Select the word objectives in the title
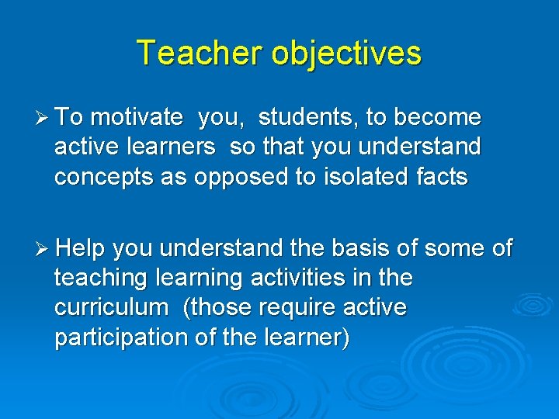coord(346,54)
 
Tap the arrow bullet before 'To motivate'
coord(44,118)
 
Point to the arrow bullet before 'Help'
coord(44,248)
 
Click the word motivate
coord(137,118)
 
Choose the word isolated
coord(361,177)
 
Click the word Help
coord(82,248)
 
